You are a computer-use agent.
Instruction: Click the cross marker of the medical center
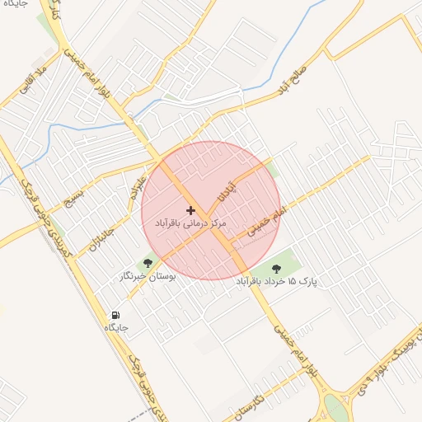[x=191, y=211]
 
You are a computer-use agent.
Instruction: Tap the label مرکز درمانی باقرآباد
[x=190, y=223]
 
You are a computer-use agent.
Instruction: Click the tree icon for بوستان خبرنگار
[x=148, y=264]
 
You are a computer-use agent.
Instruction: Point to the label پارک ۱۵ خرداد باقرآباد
[x=277, y=282]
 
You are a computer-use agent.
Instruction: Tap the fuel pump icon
[x=115, y=315]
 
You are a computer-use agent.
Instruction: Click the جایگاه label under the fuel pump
[x=115, y=327]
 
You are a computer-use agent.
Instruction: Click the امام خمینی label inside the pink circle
[x=265, y=223]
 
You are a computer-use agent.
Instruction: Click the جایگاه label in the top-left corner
[x=14, y=4]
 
